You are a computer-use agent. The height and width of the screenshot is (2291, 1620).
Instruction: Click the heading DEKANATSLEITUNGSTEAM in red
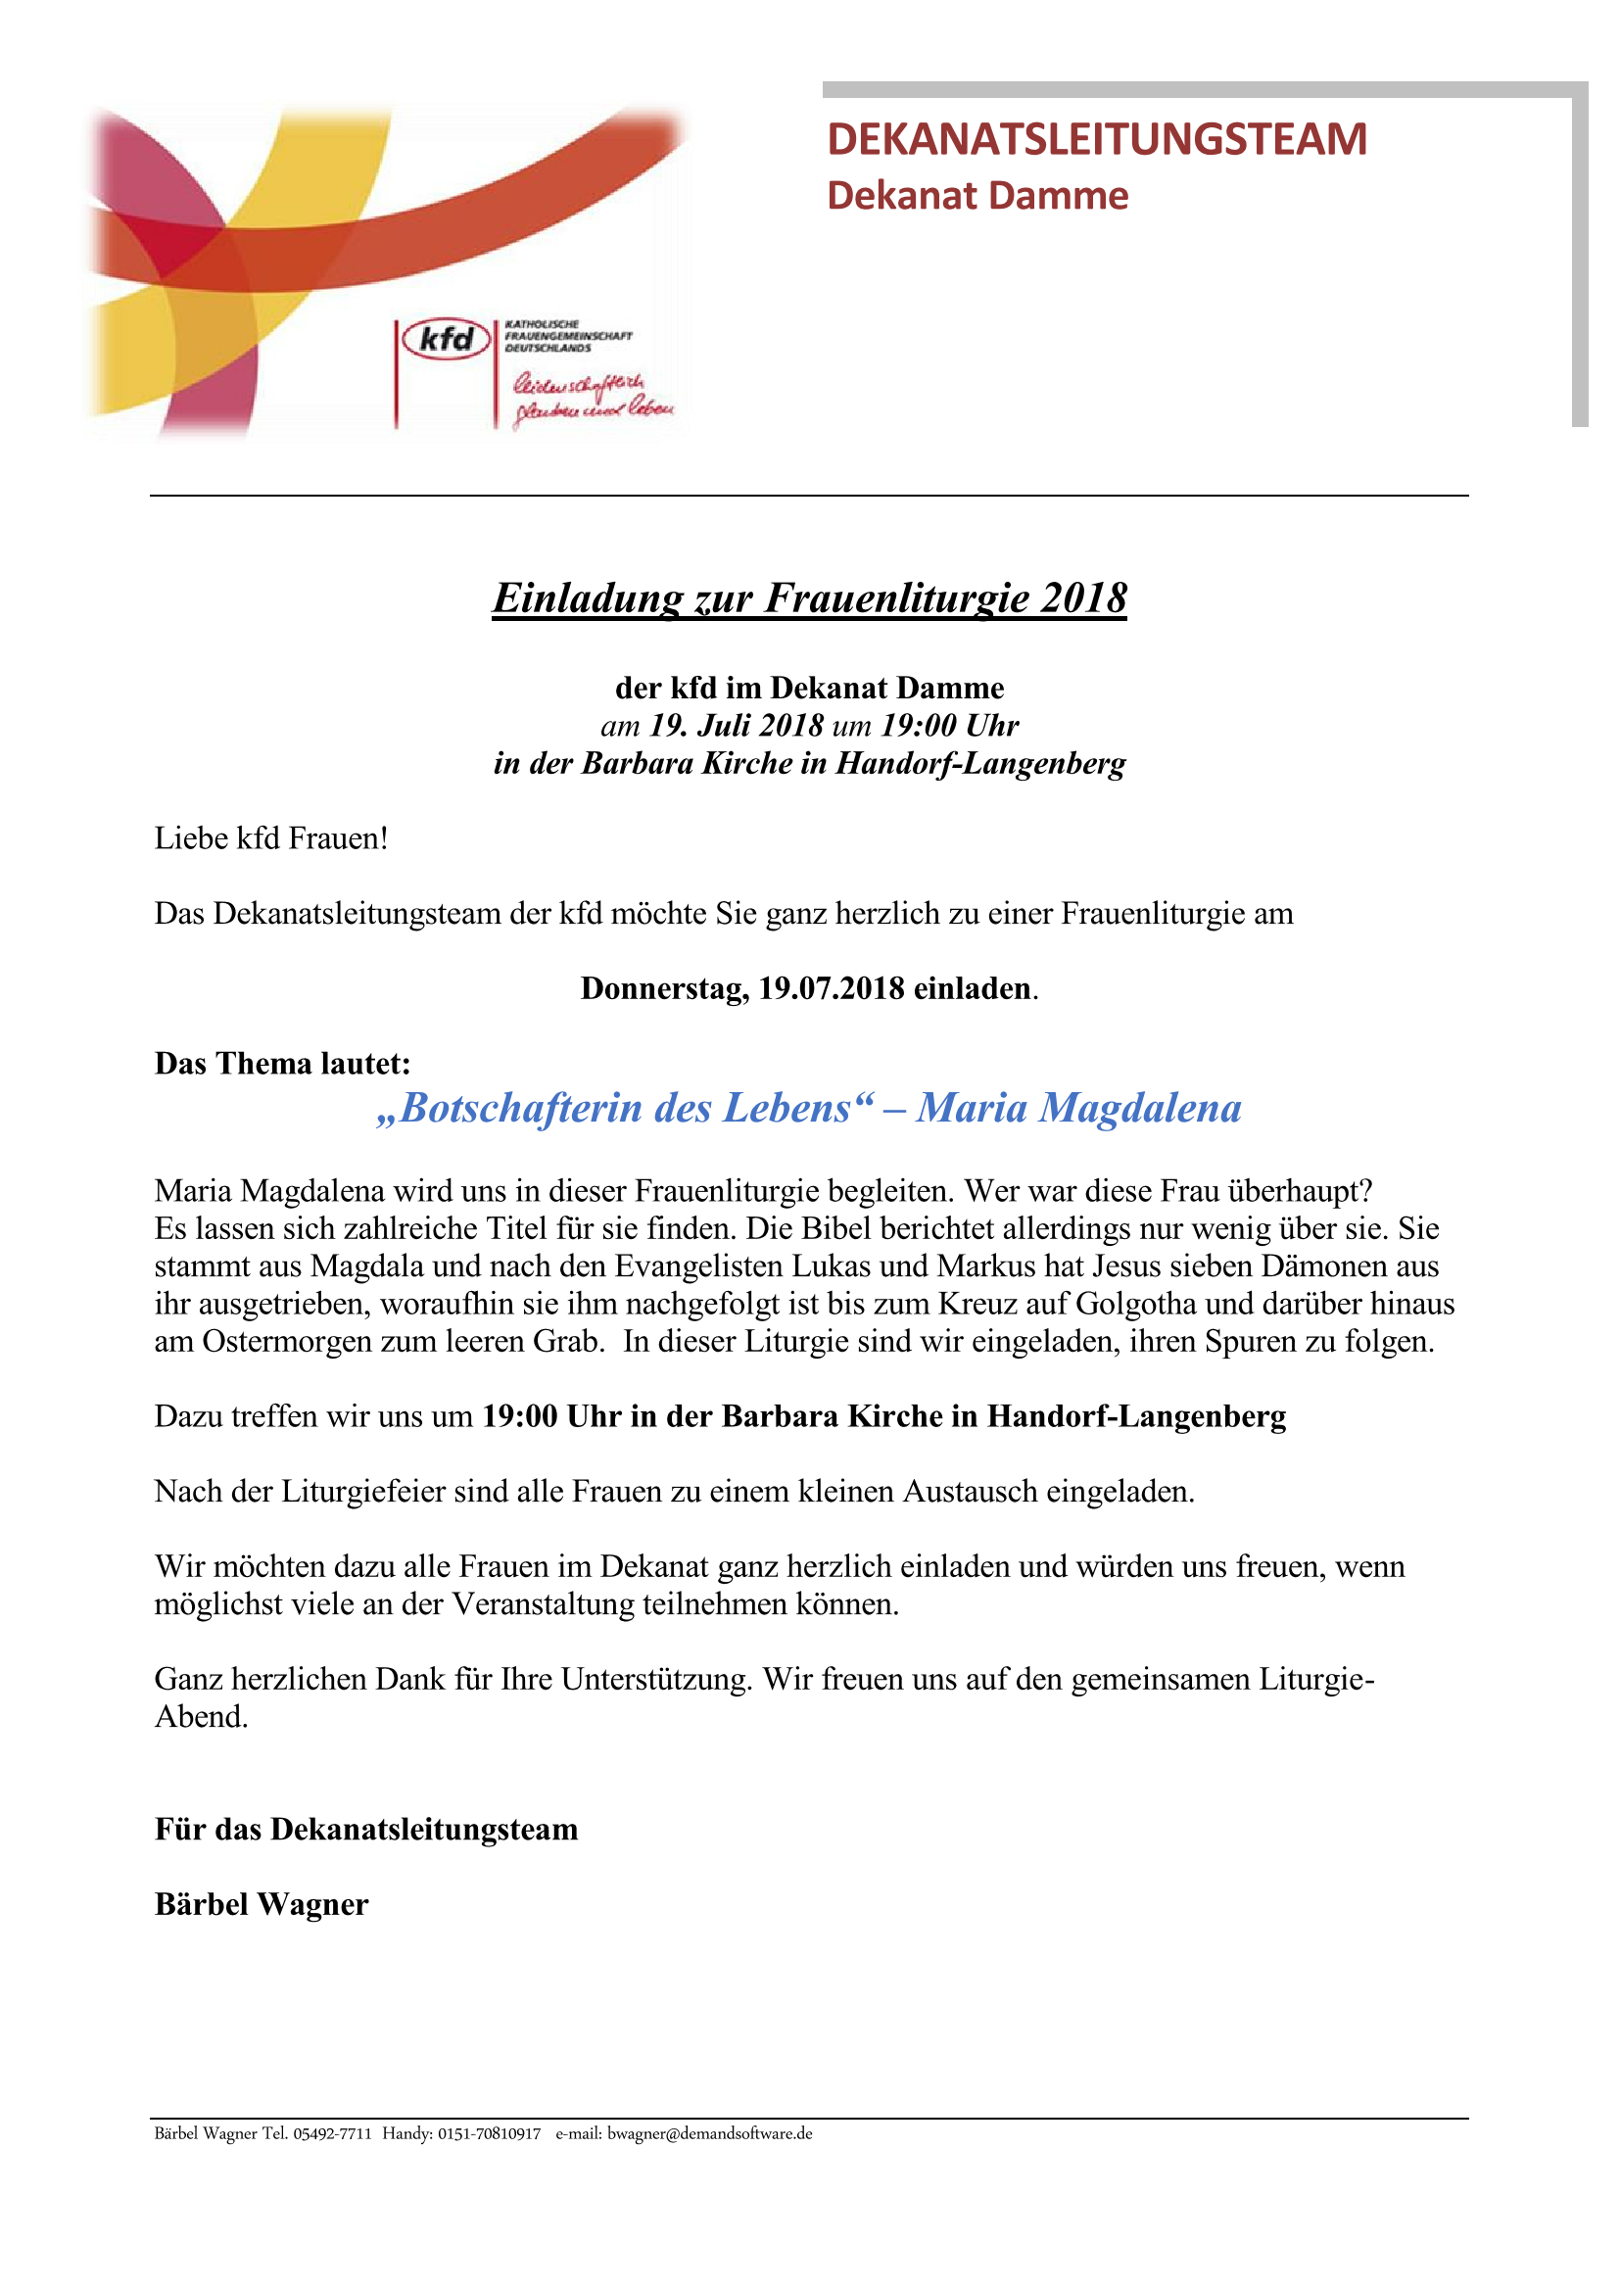(1096, 139)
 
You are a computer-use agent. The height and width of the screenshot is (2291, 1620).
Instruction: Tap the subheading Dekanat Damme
(977, 196)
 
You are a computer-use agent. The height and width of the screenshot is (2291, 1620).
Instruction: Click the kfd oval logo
(446, 340)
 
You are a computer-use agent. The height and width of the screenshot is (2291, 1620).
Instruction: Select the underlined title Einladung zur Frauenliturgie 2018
(809, 597)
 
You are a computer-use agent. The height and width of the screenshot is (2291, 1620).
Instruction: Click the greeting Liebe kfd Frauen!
(270, 838)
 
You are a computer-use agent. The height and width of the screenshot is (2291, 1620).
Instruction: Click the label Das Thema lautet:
(282, 1063)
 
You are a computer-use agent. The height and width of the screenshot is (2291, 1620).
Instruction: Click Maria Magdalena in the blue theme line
(1078, 1108)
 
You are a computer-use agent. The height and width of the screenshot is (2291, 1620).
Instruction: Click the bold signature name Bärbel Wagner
(262, 1904)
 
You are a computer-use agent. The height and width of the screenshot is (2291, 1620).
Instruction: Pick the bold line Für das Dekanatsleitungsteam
(366, 1829)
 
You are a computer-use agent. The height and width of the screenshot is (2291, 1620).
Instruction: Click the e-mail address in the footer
(709, 2133)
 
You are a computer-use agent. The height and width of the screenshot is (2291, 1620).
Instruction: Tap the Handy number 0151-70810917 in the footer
(489, 2133)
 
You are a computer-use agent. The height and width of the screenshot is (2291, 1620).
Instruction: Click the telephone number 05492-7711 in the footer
(331, 2133)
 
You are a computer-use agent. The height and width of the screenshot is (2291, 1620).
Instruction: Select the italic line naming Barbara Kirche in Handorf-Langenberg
(809, 763)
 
